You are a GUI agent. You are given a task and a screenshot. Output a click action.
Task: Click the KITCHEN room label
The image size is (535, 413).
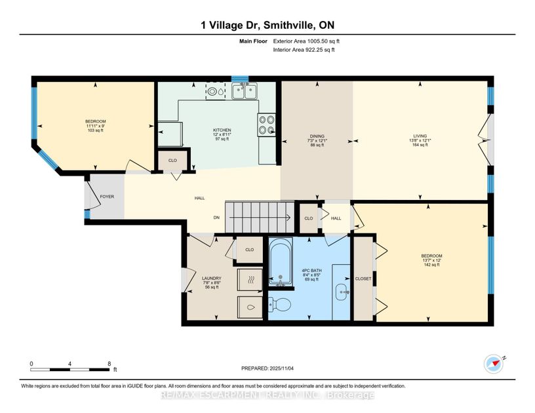tap(222, 130)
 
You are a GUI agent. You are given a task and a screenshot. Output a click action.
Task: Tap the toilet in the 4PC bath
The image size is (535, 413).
tap(281, 304)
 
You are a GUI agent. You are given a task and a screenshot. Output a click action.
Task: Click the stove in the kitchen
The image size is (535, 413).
tap(266, 125)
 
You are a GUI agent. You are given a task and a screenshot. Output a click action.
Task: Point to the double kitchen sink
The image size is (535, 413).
tap(244, 92)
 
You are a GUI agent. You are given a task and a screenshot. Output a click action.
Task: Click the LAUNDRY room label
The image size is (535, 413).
tap(211, 279)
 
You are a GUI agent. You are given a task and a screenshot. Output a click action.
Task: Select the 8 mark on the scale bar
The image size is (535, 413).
tap(109, 363)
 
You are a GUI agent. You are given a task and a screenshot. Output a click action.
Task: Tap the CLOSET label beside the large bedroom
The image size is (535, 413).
tap(363, 279)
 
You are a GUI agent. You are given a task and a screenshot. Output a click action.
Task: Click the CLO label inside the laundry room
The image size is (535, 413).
tap(249, 250)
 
